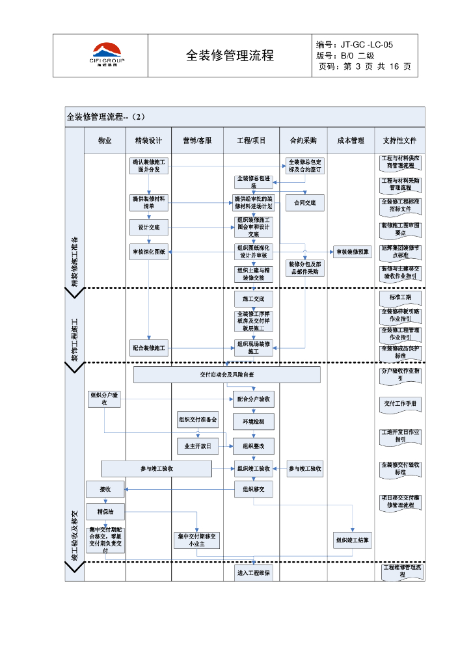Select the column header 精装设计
[148, 140]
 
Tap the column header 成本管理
[351, 140]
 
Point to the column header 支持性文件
[400, 140]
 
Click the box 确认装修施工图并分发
[148, 165]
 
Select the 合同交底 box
[304, 203]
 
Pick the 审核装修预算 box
[353, 252]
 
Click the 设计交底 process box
[148, 228]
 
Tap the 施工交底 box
[254, 299]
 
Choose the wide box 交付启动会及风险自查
[227, 375]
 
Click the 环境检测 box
[254, 421]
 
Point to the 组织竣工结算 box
[353, 540]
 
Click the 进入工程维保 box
[254, 572]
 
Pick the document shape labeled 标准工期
[400, 297]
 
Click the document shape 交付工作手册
[400, 404]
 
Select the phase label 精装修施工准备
[74, 260]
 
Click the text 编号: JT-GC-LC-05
[355, 44]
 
